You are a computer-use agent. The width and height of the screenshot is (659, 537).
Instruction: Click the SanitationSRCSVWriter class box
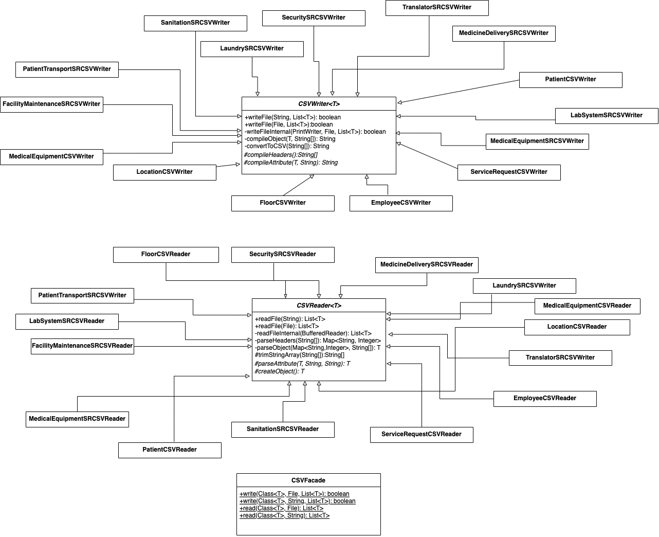195,23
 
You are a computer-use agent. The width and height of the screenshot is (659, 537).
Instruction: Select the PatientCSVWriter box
571,80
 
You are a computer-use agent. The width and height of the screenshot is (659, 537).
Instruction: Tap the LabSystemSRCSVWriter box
607,116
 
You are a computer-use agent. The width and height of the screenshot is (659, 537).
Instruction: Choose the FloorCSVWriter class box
283,203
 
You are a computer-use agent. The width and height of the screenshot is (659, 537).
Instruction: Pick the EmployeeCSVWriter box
401,203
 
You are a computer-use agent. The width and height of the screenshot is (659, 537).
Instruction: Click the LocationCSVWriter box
164,172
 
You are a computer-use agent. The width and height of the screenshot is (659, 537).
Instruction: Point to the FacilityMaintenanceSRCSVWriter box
51,104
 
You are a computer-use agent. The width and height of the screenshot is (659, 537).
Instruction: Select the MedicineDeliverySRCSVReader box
427,265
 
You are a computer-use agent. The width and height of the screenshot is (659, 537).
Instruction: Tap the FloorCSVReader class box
166,255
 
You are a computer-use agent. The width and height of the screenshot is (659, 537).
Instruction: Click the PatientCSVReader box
170,450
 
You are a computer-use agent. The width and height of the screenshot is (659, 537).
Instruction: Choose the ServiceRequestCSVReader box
422,435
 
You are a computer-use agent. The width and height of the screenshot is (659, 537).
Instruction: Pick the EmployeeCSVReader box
545,399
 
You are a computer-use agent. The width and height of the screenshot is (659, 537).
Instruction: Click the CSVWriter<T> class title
319,104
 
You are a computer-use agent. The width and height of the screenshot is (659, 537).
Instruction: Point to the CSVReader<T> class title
319,306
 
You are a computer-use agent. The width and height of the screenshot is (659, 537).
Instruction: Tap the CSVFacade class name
308,480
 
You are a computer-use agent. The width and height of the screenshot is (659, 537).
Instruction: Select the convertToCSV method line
287,146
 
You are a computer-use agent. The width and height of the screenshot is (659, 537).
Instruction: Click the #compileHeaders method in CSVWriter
281,155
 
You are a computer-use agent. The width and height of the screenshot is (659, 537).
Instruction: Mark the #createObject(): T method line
280,371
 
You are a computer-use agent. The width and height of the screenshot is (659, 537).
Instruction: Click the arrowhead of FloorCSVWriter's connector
312,176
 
